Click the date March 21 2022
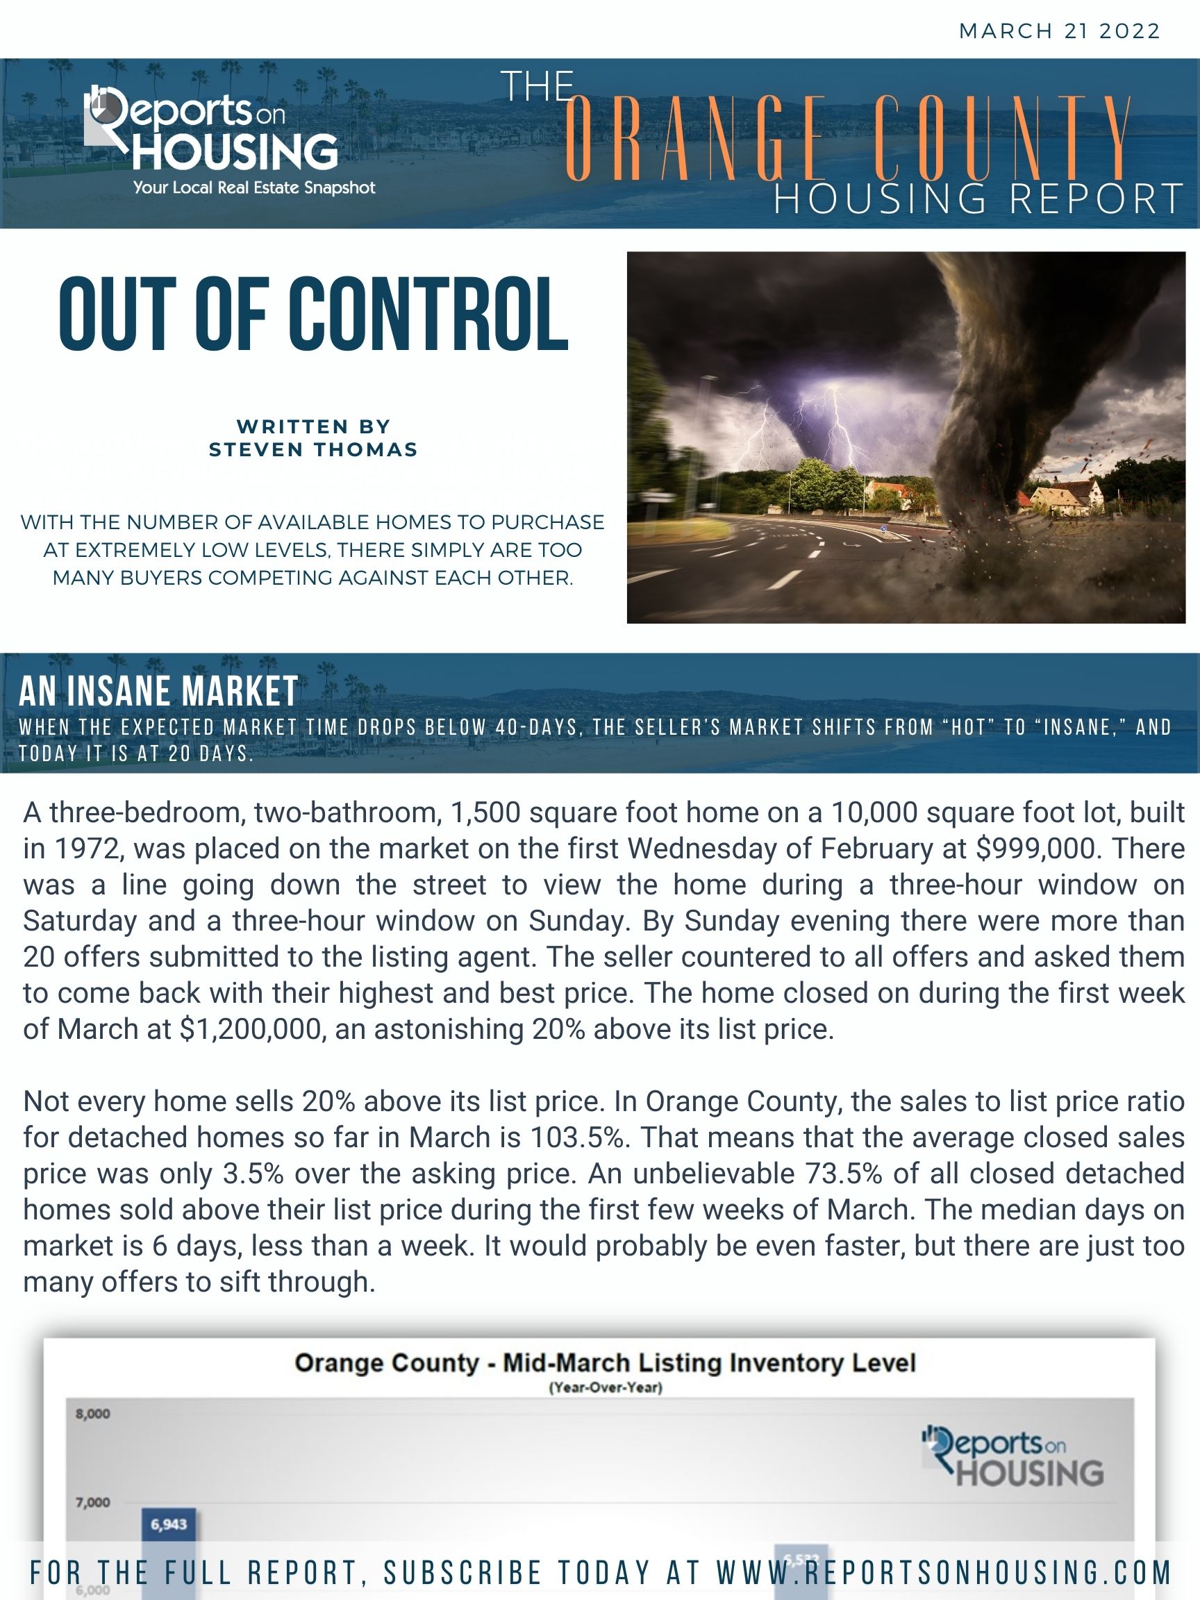1059,31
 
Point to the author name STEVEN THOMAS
313,449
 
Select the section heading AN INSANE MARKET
158,691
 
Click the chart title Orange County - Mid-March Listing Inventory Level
606,1363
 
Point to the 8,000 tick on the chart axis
92,1414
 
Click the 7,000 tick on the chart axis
92,1502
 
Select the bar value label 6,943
169,1524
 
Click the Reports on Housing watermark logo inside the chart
1012,1455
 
